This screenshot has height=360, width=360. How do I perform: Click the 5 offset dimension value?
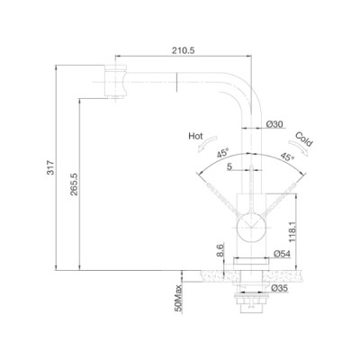click(x=229, y=166)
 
